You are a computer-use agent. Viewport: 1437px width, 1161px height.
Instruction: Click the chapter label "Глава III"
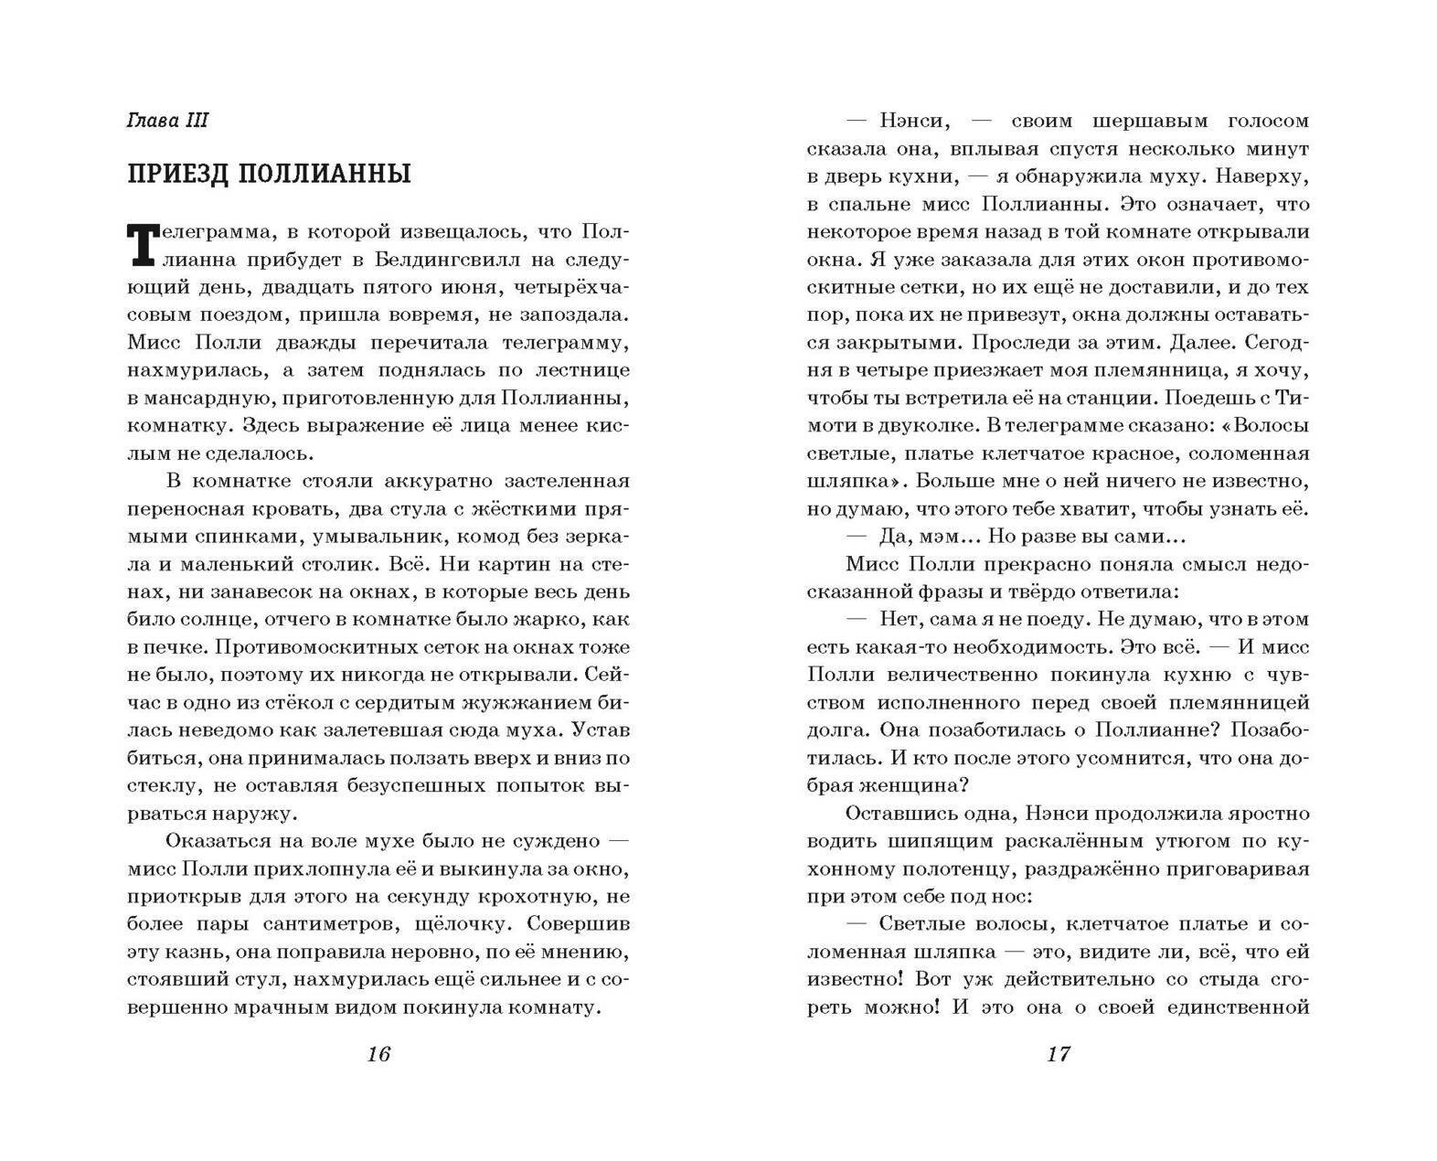point(168,122)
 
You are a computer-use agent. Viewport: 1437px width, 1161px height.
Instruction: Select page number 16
point(378,1054)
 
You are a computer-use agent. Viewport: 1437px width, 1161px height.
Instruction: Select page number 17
point(1058,1054)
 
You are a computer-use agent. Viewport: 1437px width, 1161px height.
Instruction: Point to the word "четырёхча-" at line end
point(571,287)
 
